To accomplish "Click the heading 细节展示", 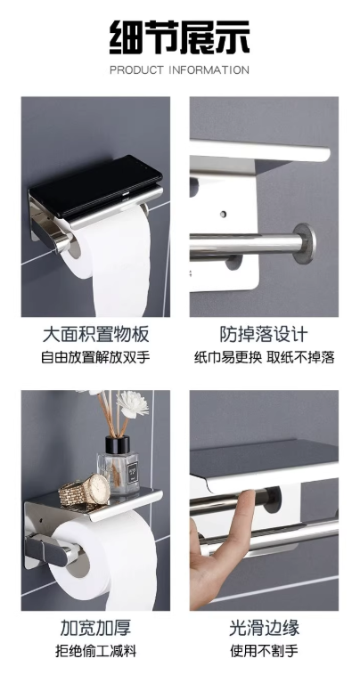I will coord(179,36).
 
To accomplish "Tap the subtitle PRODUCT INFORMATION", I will coord(179,70).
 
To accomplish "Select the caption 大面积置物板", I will coord(95,335).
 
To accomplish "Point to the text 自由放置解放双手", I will coord(95,358).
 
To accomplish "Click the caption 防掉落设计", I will coord(264,335).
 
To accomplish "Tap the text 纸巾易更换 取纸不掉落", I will coord(264,358).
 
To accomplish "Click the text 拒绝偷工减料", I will coord(95,651).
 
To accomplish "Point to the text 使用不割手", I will coord(264,651).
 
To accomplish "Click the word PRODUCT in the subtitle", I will coord(138,70).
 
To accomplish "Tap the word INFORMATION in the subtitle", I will coord(210,70).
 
